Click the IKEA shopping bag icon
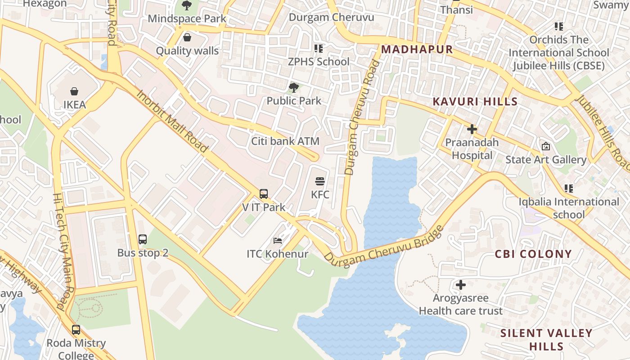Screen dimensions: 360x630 coord(74,91)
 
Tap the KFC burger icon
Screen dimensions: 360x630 coord(320,181)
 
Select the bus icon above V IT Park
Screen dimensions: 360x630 coord(264,194)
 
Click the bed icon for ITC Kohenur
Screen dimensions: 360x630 coord(278,241)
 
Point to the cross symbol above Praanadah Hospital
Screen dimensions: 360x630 coord(472,130)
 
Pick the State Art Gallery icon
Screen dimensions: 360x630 coord(546,146)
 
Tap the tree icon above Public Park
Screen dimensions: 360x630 coord(294,87)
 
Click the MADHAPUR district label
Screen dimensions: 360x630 coord(417,49)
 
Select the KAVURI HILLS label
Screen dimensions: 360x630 coord(475,102)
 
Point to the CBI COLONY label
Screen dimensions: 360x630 coord(533,254)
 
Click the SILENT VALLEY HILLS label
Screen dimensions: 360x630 coord(546,340)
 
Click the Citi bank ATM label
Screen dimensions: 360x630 coord(285,141)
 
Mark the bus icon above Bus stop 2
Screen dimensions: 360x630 coord(143,239)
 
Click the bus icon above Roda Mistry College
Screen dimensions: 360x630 coord(76,330)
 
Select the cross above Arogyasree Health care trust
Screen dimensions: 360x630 coord(460,285)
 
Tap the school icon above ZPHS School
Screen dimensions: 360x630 coord(319,48)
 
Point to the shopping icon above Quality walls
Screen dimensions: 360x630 coord(187,37)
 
